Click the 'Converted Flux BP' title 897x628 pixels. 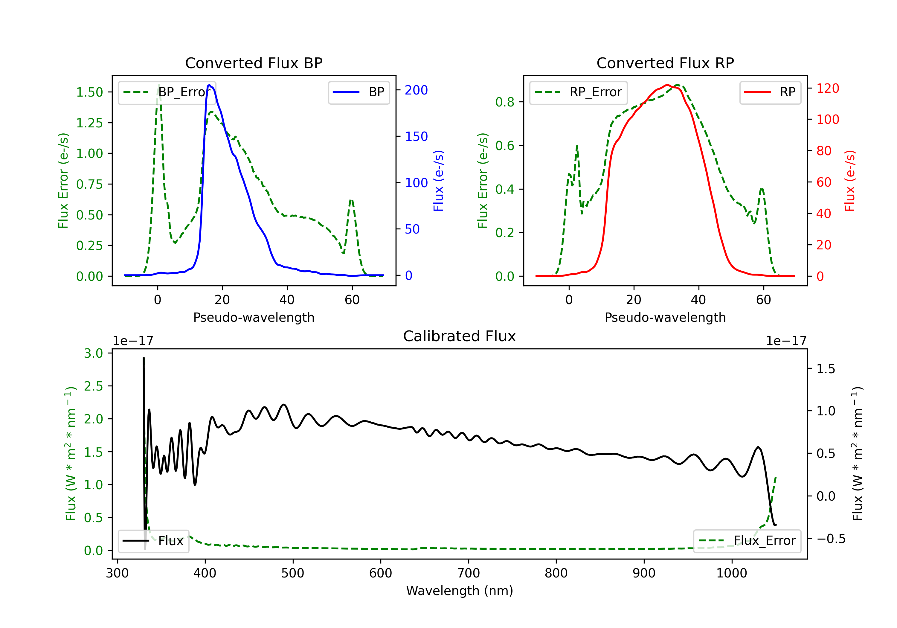pyautogui.click(x=254, y=63)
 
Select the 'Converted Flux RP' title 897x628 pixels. pyautogui.click(x=665, y=63)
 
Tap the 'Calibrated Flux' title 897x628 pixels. pyautogui.click(x=460, y=336)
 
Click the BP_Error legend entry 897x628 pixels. pyautogui.click(x=167, y=92)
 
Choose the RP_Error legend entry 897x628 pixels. pyautogui.click(x=578, y=92)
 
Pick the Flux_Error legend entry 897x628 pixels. pyautogui.click(x=747, y=541)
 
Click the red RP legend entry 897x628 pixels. pyautogui.click(x=770, y=92)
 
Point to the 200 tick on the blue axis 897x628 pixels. pyautogui.click(x=416, y=90)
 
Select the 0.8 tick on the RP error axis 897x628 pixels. pyautogui.click(x=505, y=102)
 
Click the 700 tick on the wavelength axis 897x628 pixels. pyautogui.click(x=469, y=573)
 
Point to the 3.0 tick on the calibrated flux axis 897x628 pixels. pyautogui.click(x=93, y=353)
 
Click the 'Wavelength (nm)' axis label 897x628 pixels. pyautogui.click(x=460, y=591)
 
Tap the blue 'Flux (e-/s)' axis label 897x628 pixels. pyautogui.click(x=438, y=181)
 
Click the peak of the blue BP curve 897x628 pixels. pyautogui.click(x=209, y=85)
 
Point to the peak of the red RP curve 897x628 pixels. pyautogui.click(x=667, y=85)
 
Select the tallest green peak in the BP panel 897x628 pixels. pyautogui.click(x=158, y=85)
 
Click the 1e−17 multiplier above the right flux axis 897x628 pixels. pyautogui.click(x=786, y=341)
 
